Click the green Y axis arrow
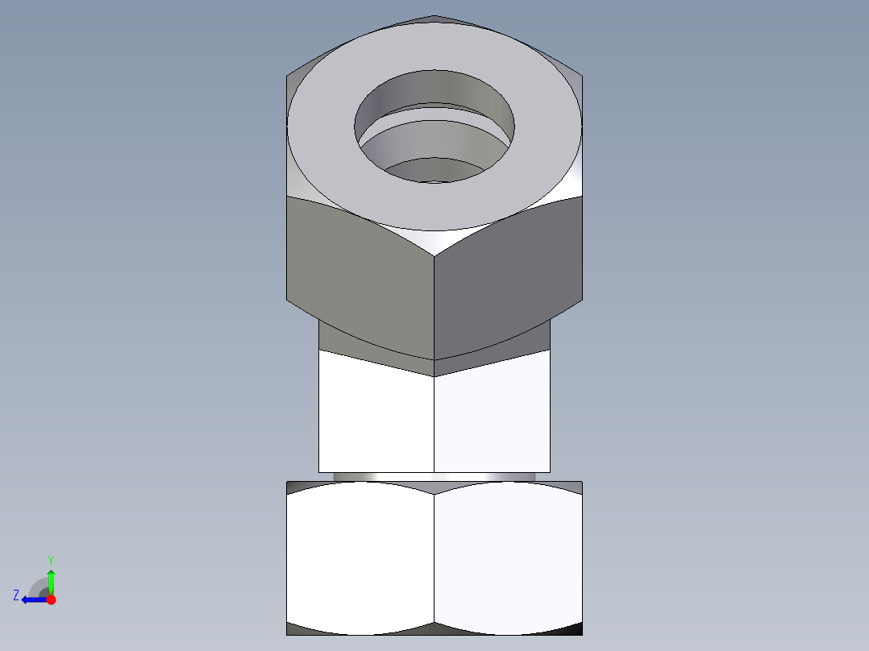point(51,580)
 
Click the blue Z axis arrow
point(32,599)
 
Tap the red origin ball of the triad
point(51,599)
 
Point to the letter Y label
point(50,559)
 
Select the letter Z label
point(16,595)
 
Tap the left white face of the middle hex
point(376,419)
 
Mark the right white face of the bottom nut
point(508,556)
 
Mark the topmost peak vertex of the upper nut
point(434,15)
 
